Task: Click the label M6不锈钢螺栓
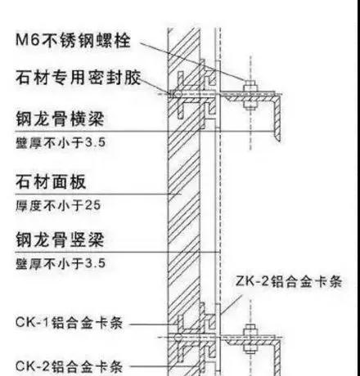tap(73, 41)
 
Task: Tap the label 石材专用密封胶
tap(79, 78)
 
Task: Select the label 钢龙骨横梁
tap(60, 119)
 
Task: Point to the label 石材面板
tap(51, 181)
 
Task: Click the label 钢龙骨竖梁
tap(60, 239)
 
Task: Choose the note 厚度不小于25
tap(58, 205)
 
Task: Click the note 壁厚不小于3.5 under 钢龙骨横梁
tap(61, 142)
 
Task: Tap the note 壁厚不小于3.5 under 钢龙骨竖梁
tap(61, 263)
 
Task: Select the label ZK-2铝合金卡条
tap(289, 281)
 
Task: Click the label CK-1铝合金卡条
tap(70, 323)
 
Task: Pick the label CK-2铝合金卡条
tap(70, 366)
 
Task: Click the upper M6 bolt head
tap(250, 87)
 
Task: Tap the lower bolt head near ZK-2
tap(250, 330)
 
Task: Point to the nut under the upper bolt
tap(250, 105)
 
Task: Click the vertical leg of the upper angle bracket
tap(277, 118)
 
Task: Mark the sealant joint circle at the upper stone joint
tap(178, 94)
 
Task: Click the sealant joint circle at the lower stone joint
tap(178, 338)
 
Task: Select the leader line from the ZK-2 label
tap(232, 304)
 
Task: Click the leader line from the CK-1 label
tap(154, 325)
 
